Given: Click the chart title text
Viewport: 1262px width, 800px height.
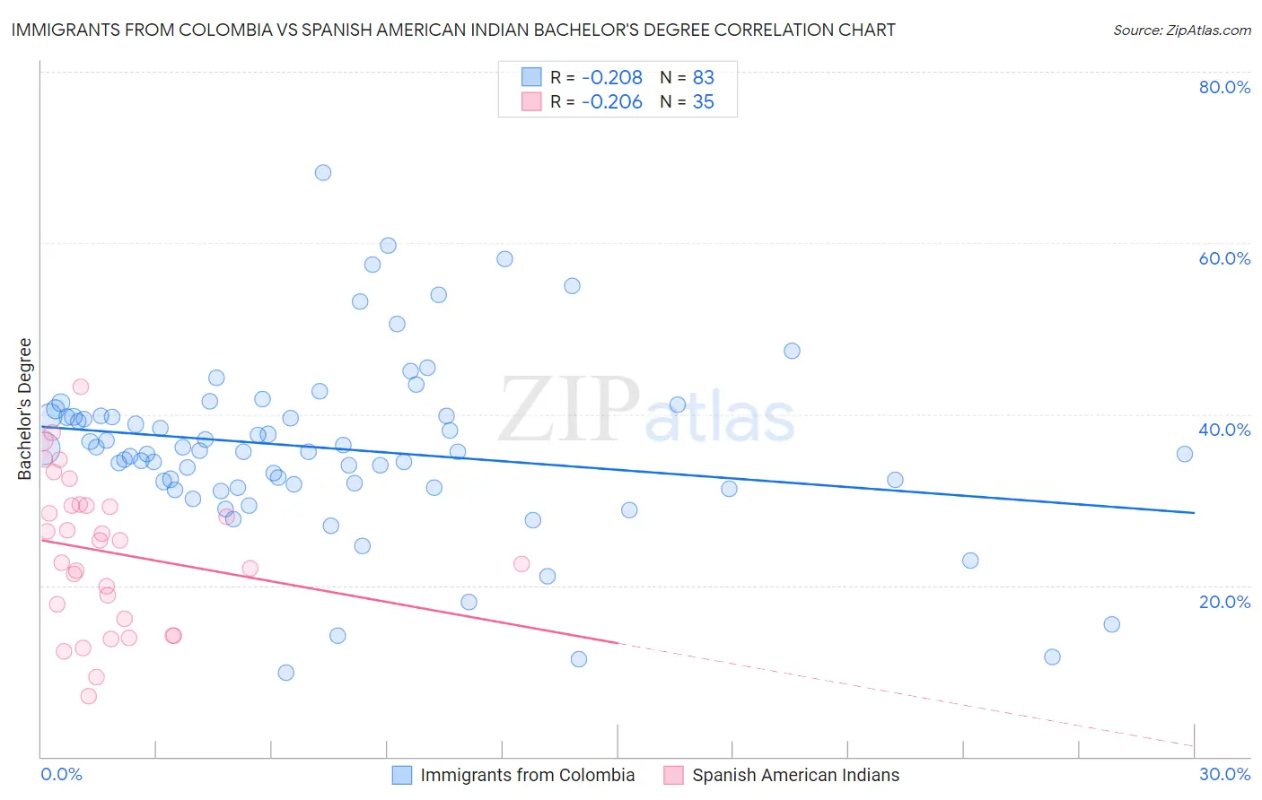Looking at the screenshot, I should (453, 30).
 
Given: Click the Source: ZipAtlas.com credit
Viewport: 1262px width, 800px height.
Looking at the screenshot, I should (1181, 30).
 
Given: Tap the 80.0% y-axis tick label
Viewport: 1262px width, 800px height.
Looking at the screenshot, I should (1224, 87).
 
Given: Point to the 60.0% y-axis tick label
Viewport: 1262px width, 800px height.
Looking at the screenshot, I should (1224, 258).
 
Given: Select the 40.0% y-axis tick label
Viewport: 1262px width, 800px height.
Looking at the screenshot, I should (1224, 430).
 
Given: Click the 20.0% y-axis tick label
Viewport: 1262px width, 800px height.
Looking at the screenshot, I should (1224, 602).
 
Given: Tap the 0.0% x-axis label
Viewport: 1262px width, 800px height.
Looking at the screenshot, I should (61, 774).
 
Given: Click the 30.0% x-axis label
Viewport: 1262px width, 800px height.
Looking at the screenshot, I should (1224, 774).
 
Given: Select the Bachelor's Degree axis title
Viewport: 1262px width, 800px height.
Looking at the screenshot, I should (25, 409).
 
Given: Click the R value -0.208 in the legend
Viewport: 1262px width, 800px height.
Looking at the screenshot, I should (612, 78).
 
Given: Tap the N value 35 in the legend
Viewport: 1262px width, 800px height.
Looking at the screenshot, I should (703, 102).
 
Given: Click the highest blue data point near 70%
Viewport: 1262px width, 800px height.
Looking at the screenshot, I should (323, 172).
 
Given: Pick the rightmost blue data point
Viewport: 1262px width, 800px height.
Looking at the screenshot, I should (1185, 454).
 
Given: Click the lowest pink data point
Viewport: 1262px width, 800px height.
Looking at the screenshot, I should (88, 696).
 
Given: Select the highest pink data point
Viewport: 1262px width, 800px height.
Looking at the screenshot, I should (81, 387).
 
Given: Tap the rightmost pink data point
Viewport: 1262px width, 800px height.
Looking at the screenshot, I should (521, 564).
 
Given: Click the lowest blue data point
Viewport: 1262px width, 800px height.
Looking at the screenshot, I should (286, 673).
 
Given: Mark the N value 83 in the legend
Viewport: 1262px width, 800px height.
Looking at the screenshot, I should (703, 78).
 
